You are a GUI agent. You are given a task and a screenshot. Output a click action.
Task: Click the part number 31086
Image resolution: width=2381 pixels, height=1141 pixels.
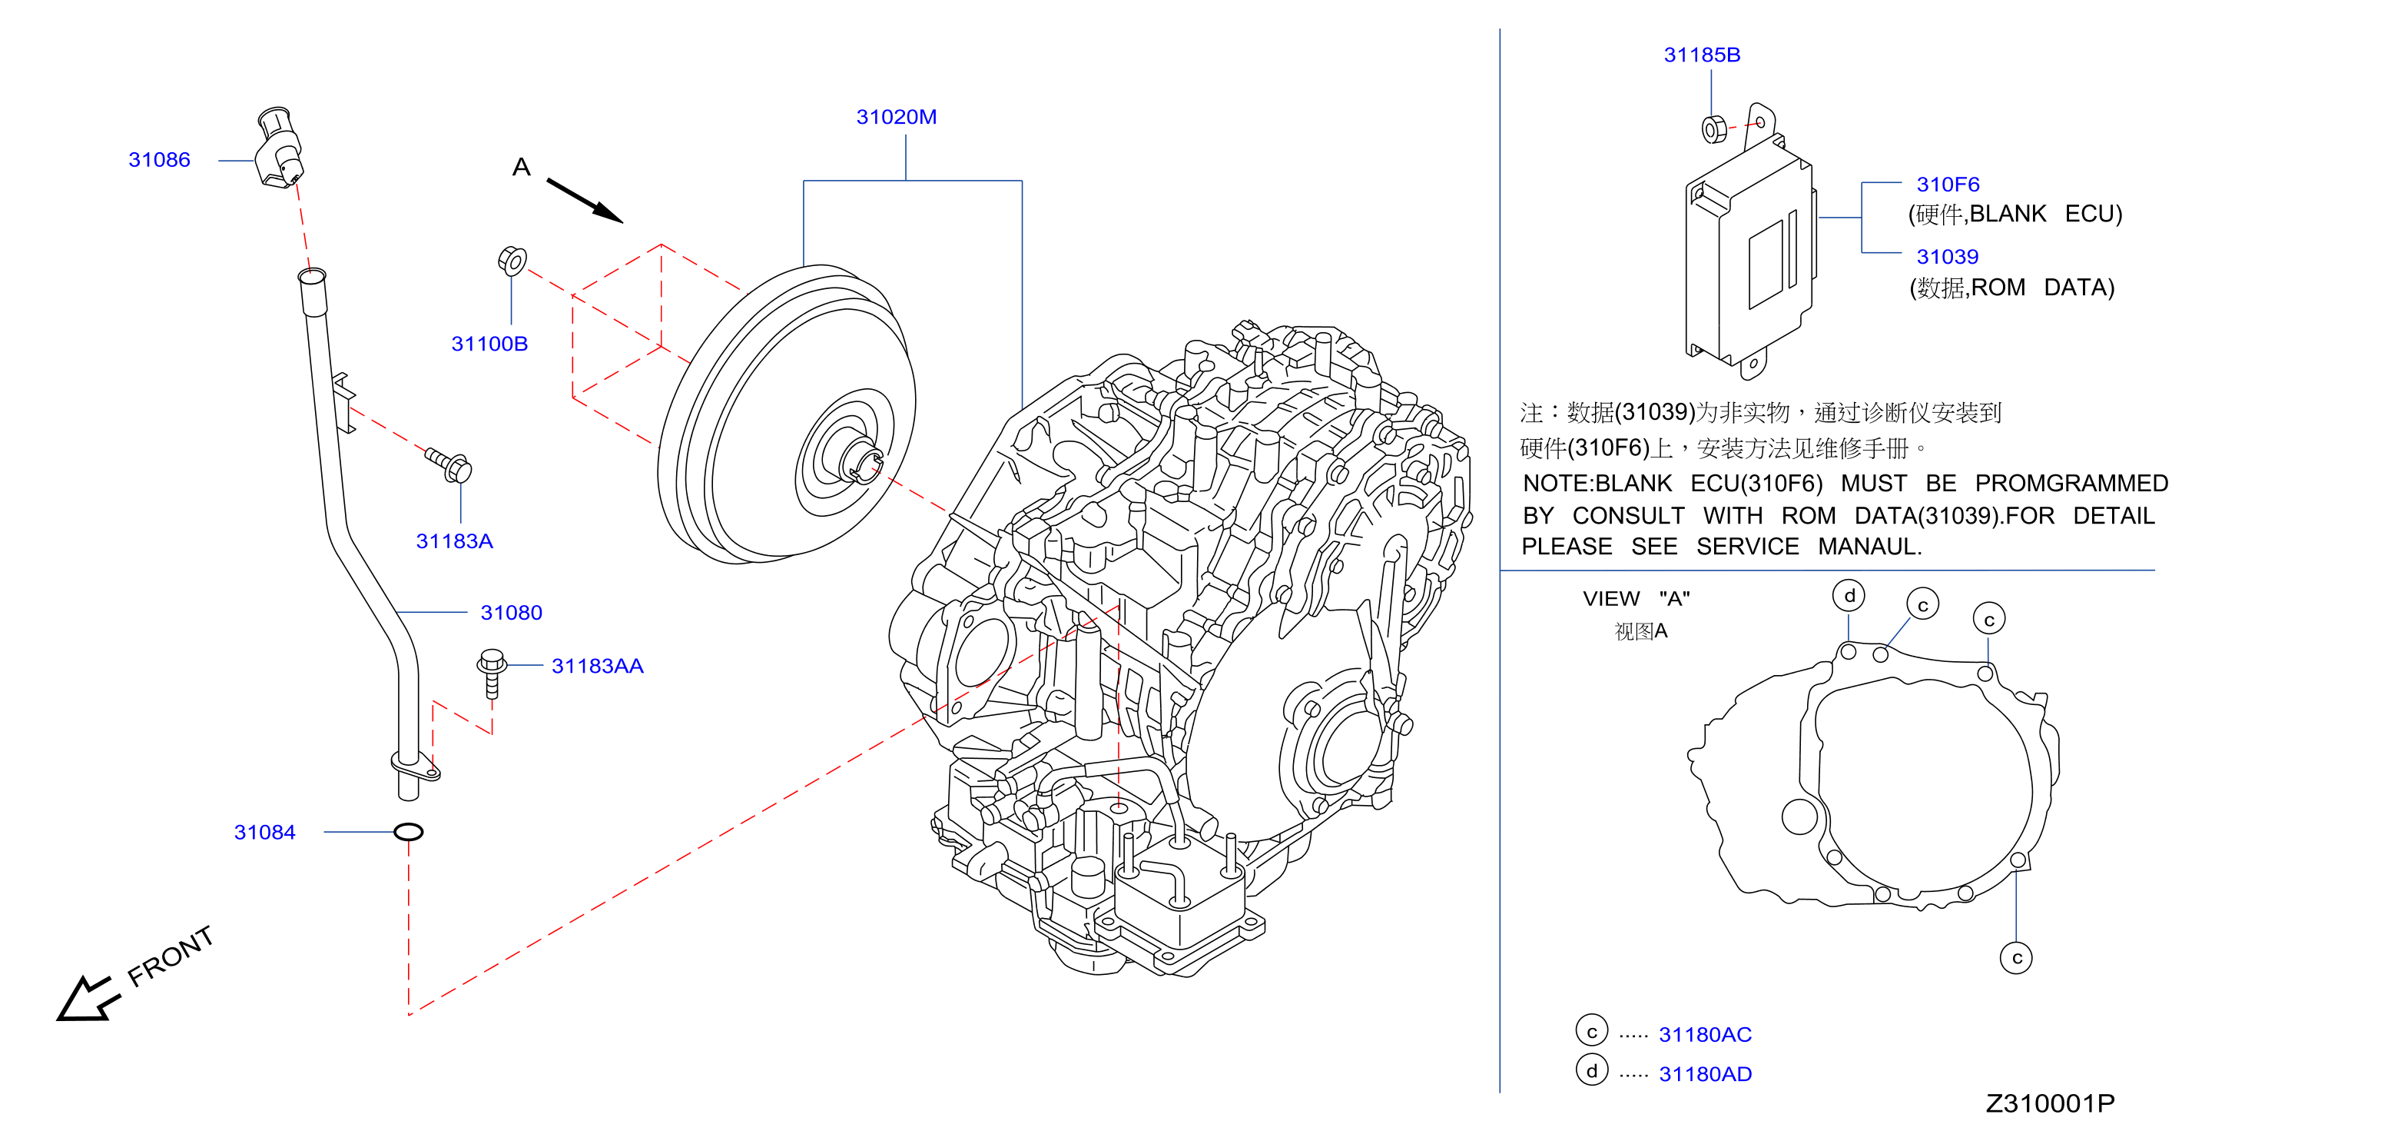click(x=159, y=160)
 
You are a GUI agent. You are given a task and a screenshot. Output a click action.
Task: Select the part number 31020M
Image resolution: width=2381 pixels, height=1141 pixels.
click(x=896, y=118)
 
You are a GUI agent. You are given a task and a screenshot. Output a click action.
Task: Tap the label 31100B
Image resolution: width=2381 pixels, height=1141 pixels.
click(x=489, y=344)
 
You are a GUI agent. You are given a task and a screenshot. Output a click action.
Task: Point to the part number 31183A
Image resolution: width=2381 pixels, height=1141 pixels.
click(x=454, y=542)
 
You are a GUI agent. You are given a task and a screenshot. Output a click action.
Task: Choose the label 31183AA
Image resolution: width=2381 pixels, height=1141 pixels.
click(x=597, y=667)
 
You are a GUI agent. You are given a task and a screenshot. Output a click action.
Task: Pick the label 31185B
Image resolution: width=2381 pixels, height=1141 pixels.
click(x=1702, y=55)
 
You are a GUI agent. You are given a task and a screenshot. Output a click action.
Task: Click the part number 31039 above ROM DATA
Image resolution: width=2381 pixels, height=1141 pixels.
click(x=1948, y=257)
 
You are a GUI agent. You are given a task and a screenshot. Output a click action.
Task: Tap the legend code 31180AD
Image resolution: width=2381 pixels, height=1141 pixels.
click(x=1706, y=1074)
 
